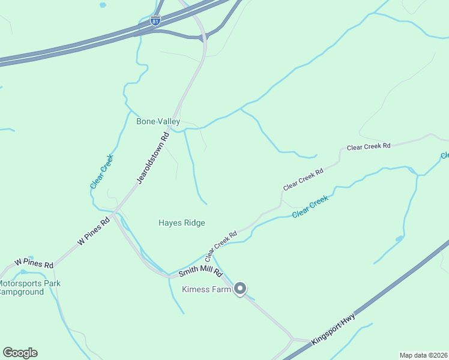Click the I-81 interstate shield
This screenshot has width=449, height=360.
[x=156, y=22]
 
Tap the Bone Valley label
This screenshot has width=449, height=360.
[x=158, y=121]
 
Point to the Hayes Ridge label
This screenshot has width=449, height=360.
[x=181, y=223]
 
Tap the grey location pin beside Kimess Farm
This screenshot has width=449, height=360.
[x=240, y=289]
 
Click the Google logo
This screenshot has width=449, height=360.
[x=20, y=353]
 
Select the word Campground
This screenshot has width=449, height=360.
[x=22, y=292]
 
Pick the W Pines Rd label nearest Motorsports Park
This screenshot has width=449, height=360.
[x=34, y=263]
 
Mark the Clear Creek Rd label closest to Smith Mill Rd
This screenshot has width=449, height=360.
[x=221, y=242]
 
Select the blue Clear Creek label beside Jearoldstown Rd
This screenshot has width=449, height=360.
[x=101, y=172]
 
